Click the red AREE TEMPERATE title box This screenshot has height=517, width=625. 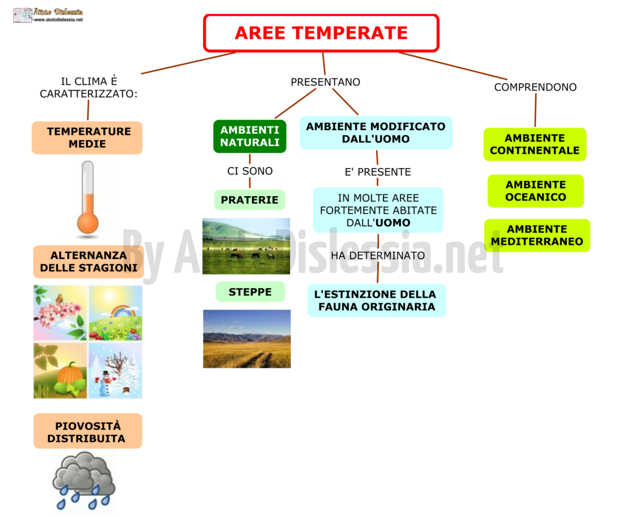click(x=321, y=33)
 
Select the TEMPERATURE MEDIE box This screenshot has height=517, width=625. click(x=87, y=138)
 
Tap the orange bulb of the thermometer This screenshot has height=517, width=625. click(x=88, y=222)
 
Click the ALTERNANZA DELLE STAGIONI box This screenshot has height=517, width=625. click(x=88, y=261)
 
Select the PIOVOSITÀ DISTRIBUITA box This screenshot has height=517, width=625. click(x=87, y=431)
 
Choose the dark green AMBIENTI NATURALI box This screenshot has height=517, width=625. click(x=250, y=136)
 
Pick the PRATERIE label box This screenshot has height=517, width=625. click(x=250, y=200)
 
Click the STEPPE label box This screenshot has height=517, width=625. click(x=250, y=292)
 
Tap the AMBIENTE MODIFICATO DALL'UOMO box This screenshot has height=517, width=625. click(x=376, y=133)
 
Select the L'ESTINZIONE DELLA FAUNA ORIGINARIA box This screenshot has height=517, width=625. click(x=377, y=300)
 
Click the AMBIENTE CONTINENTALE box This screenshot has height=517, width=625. click(x=535, y=144)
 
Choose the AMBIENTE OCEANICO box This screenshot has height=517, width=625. click(x=536, y=191)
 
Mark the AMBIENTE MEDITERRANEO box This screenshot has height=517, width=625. click(x=537, y=235)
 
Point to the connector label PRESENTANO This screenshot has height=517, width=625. click(x=325, y=82)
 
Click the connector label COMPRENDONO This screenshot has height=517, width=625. click(x=535, y=87)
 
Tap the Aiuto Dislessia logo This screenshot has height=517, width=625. click(x=48, y=15)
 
